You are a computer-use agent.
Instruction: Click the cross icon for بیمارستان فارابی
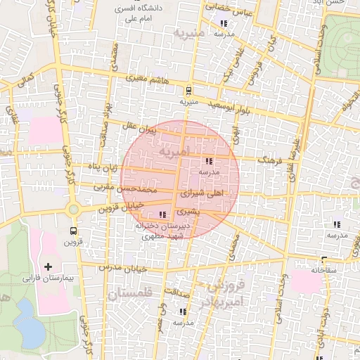coord(48,266)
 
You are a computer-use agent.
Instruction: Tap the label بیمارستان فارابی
coord(48,278)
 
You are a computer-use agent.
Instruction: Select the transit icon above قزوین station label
coord(74,231)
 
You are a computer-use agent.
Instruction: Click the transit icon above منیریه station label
coord(188,91)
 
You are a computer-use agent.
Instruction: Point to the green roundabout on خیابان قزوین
coord(73,209)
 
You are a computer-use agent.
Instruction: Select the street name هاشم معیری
coord(144,79)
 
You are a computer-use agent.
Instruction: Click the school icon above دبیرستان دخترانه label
coord(163,214)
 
